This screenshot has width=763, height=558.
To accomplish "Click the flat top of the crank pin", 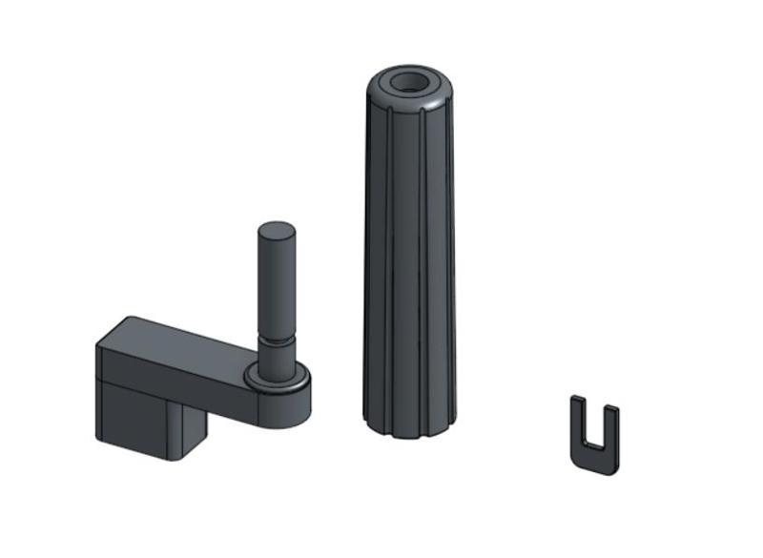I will (278, 230).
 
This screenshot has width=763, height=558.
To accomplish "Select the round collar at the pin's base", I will (278, 378).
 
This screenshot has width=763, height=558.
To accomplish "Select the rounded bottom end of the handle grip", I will (410, 427).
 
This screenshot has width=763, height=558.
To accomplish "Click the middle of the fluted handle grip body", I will (410, 258).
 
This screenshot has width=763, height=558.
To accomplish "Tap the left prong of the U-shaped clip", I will (578, 424).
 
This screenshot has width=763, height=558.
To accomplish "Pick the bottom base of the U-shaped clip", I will (595, 459).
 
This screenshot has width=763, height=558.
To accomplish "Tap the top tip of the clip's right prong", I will (611, 411).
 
